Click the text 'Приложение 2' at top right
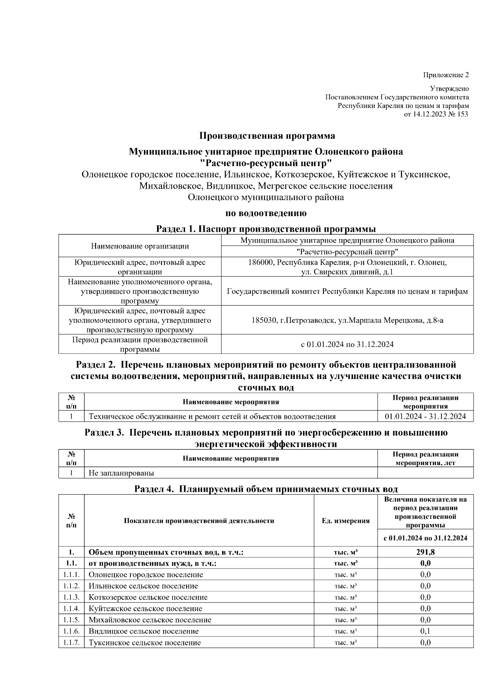[x=446, y=75]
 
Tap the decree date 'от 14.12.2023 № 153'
[x=436, y=114]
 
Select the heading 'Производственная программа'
[x=267, y=136]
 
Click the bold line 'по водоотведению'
[x=266, y=213]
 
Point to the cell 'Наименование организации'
[x=140, y=246]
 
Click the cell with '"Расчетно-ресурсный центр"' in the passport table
[x=347, y=251]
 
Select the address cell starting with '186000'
[x=347, y=267]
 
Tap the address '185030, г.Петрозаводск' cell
[x=347, y=320]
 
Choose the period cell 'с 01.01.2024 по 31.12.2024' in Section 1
[x=347, y=345]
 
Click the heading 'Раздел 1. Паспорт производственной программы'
[x=266, y=229]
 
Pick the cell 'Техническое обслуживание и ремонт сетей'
[x=212, y=417]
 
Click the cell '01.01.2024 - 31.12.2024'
[x=425, y=417]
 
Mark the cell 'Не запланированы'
[x=121, y=473]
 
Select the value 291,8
[x=425, y=552]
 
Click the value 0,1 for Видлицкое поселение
[x=425, y=631]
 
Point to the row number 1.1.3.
[x=71, y=597]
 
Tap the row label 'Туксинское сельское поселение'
[x=145, y=643]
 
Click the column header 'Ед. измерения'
[x=345, y=521]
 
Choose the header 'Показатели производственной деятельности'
[x=199, y=521]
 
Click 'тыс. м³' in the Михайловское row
[x=345, y=620]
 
